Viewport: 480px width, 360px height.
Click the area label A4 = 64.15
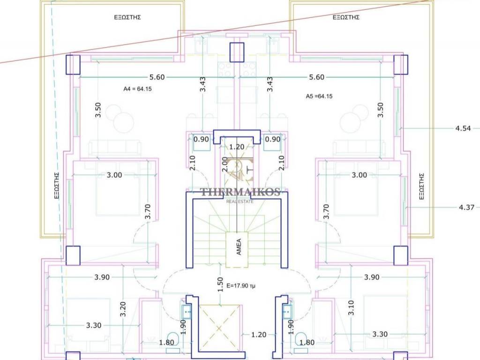[137, 89]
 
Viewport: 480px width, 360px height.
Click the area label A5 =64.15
[319, 96]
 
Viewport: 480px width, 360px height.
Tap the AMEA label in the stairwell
[239, 247]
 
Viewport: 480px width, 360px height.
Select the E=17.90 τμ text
[241, 286]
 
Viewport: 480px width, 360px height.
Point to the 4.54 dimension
[463, 128]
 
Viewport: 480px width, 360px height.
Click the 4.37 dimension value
[466, 208]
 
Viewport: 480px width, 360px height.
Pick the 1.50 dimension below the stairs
[220, 285]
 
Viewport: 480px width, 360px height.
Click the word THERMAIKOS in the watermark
[240, 192]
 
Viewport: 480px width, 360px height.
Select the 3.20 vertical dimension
[123, 309]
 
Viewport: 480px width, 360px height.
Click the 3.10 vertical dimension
[351, 307]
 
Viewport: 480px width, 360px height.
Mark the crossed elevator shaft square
[218, 329]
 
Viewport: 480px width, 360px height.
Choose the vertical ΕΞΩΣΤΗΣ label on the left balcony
[57, 186]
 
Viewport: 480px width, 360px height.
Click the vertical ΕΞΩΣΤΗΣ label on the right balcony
[421, 187]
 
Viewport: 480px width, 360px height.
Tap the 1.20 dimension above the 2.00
[237, 147]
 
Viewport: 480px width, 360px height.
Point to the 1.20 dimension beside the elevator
[259, 335]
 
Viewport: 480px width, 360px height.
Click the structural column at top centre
[237, 52]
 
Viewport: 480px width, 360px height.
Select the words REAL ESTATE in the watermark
[240, 202]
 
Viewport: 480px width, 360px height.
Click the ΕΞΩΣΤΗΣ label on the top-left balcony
[127, 17]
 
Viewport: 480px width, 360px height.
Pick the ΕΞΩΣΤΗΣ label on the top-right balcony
[346, 17]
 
